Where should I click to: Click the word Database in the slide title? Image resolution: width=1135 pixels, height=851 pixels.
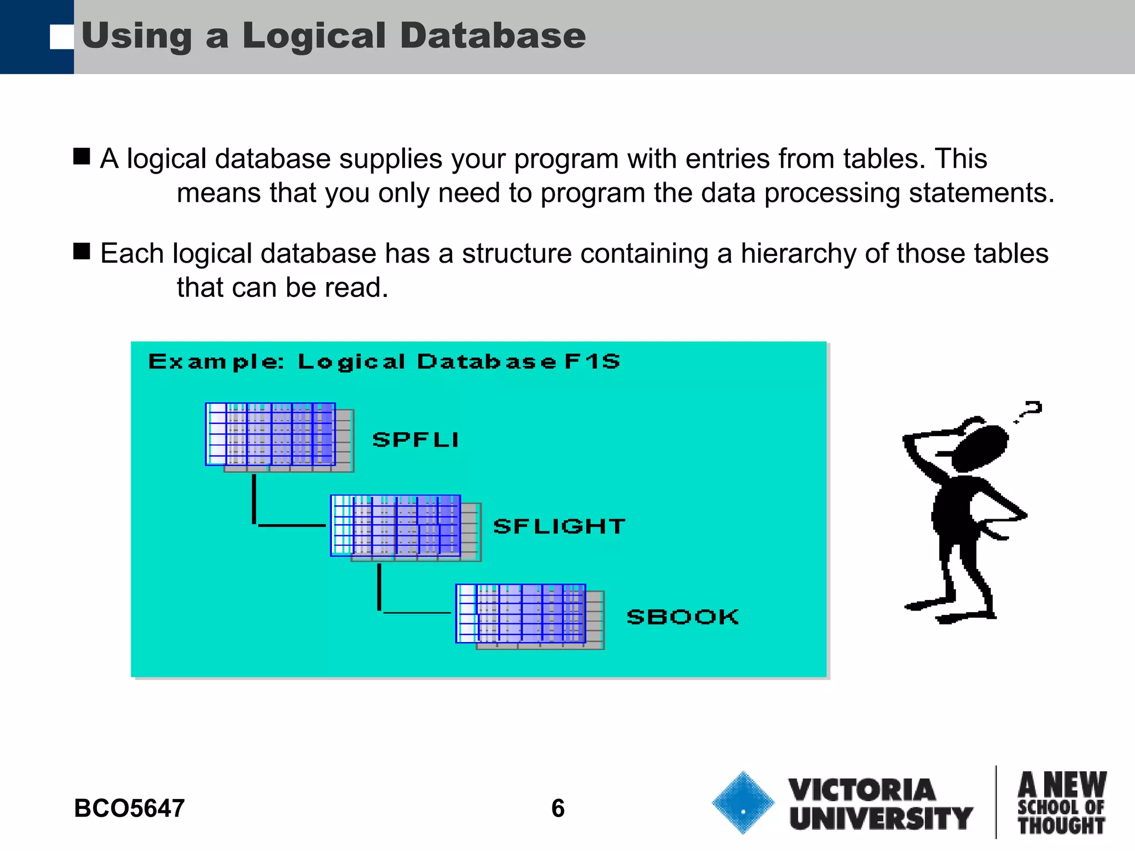coord(492,35)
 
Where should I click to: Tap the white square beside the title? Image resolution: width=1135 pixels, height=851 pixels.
coord(62,38)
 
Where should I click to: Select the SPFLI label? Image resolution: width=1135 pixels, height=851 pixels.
coord(416,439)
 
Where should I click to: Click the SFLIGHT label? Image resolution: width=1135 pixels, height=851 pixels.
coord(559,526)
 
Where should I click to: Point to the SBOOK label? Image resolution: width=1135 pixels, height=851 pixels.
coord(683,617)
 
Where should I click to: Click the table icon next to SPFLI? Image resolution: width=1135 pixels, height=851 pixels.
coord(279,437)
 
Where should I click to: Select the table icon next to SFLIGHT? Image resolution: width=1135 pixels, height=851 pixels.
coord(405,527)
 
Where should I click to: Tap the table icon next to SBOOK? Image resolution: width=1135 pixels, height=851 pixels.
coord(529,616)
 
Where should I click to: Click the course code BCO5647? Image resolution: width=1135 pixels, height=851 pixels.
coord(129,808)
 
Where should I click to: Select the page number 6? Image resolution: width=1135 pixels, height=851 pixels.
coord(558,808)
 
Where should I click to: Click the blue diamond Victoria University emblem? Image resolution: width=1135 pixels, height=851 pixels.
coord(743,802)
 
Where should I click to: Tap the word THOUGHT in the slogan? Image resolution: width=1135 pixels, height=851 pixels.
coord(1061,825)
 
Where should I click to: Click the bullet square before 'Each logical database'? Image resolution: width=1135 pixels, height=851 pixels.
coord(81,251)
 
